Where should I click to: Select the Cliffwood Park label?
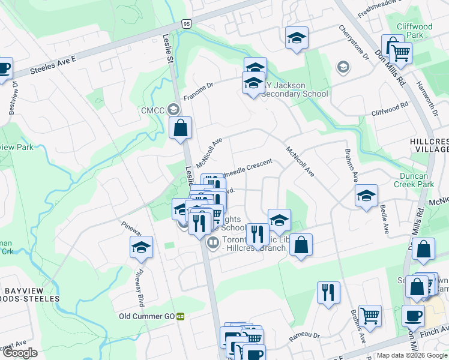click(415, 31)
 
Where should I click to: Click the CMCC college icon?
click(173, 109)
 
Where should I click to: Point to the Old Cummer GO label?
click(146, 316)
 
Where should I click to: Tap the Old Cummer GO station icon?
click(179, 316)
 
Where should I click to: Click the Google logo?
click(20, 353)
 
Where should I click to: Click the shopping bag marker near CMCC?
click(180, 128)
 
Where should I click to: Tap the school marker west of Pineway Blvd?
click(141, 247)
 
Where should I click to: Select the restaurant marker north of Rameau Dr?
click(328, 293)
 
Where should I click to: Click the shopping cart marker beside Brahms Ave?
click(370, 315)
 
